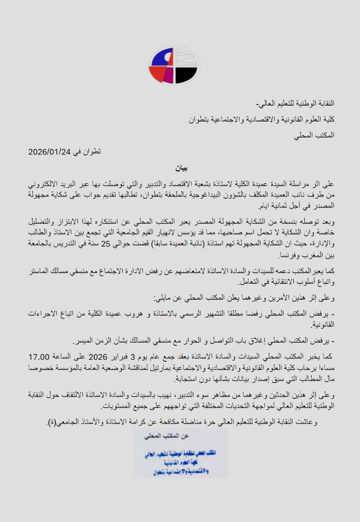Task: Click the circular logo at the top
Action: [174, 65]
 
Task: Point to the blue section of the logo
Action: [161, 58]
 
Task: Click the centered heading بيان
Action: [180, 168]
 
